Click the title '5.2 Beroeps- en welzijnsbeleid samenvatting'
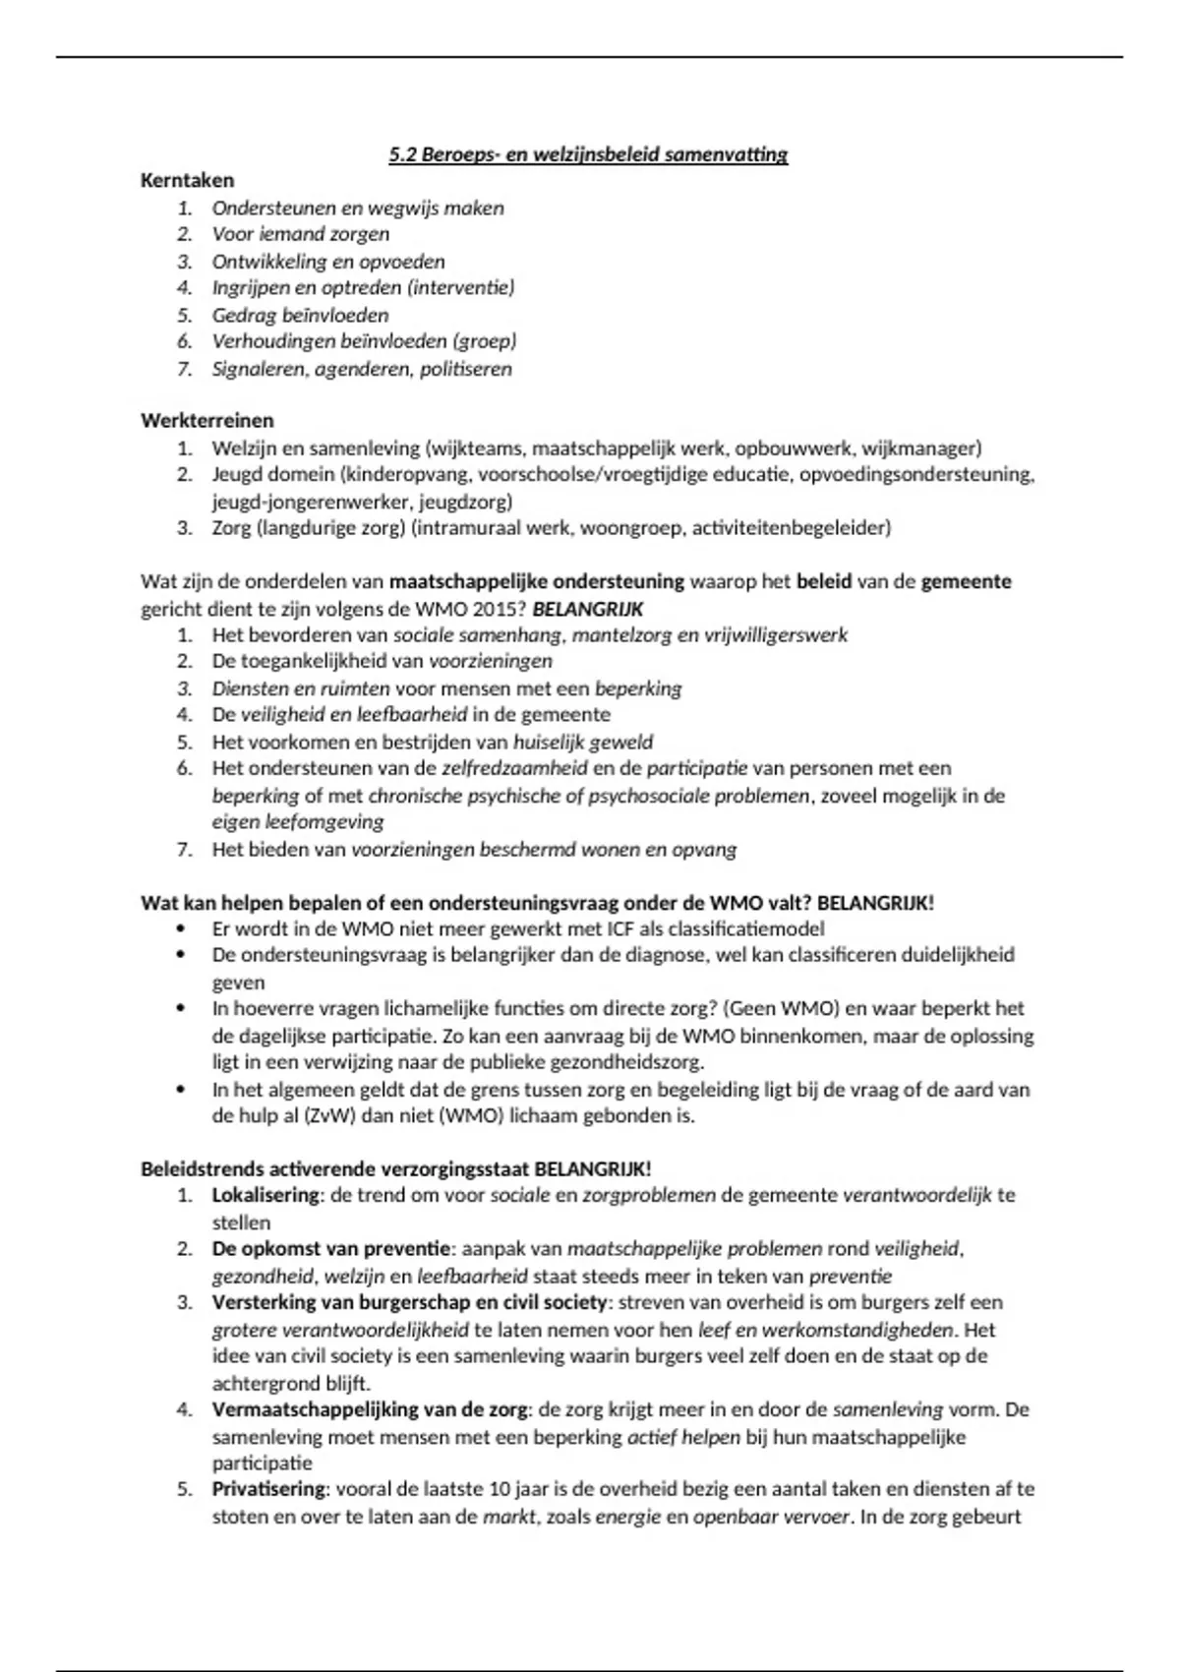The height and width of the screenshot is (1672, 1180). (x=588, y=154)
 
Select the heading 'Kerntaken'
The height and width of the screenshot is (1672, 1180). (x=187, y=181)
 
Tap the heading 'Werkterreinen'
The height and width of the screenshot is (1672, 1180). (x=206, y=421)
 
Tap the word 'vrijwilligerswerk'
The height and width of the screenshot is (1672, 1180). (x=776, y=635)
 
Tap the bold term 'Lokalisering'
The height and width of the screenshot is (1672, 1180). (x=265, y=1196)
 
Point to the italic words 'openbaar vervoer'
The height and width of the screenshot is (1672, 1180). (x=771, y=1517)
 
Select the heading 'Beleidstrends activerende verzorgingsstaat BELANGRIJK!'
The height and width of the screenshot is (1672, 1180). (x=395, y=1169)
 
